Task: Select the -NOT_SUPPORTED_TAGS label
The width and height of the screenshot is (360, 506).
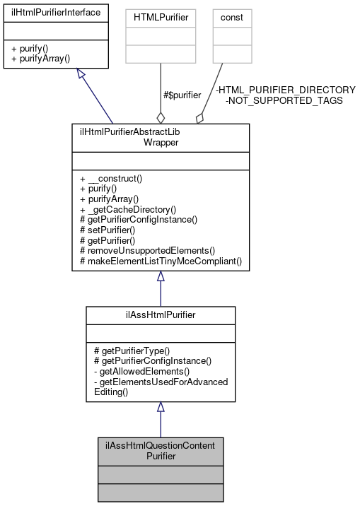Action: pos(284,100)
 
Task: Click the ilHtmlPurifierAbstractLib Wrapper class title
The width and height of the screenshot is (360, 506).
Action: pos(160,136)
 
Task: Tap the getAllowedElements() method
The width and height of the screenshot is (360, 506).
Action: pos(135,372)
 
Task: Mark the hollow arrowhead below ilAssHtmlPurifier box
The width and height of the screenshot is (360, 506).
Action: pos(161,407)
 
